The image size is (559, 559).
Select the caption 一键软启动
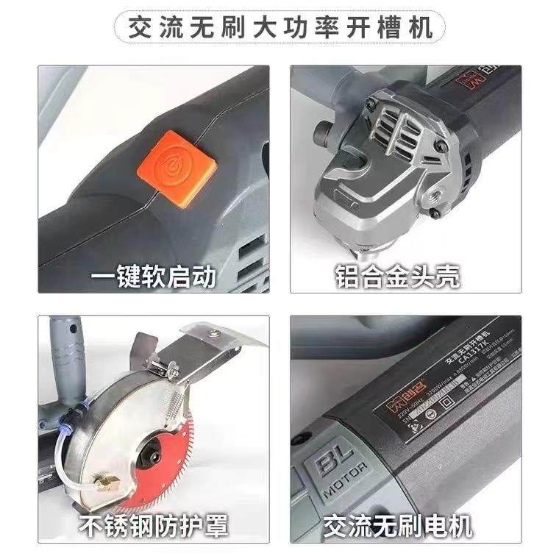coord(154,277)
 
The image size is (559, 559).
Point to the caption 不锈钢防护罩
coord(154,525)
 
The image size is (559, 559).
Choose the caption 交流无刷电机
coord(397,525)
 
